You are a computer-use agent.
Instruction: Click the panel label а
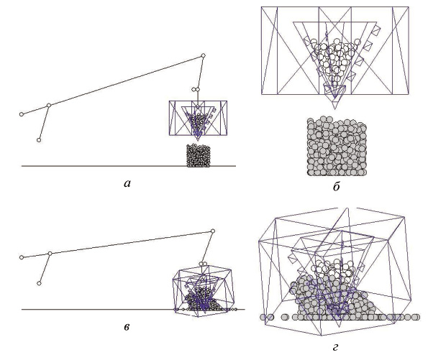(127, 184)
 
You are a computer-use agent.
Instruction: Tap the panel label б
(336, 187)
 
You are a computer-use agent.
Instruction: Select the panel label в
(127, 327)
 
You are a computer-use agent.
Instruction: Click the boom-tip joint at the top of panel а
(203, 55)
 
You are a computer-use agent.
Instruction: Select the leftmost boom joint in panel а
(22, 114)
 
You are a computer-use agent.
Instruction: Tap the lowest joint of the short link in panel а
(39, 140)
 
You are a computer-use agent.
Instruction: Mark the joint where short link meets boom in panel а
(49, 105)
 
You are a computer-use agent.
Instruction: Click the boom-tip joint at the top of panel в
(212, 231)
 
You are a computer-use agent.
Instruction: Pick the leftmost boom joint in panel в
(22, 257)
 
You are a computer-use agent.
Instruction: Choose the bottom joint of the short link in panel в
(39, 283)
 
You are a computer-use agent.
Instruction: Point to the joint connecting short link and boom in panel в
(50, 253)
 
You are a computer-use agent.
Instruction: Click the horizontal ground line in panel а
(129, 166)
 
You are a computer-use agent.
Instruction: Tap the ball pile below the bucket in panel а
(199, 155)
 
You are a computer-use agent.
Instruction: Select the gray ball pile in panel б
(337, 146)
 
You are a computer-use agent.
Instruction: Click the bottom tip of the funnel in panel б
(335, 109)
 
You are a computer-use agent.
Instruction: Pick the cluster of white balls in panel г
(333, 269)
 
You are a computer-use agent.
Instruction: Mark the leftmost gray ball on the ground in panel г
(263, 317)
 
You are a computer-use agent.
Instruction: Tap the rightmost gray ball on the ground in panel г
(416, 317)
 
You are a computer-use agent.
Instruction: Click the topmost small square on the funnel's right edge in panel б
(376, 30)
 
